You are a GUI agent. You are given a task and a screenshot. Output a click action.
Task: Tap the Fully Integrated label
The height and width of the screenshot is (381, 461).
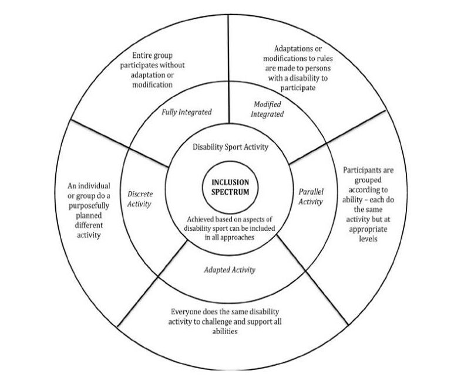(x=187, y=112)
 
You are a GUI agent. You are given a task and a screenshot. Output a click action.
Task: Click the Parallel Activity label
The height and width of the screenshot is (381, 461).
(x=311, y=196)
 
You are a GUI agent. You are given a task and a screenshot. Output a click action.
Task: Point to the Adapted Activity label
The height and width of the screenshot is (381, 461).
(x=230, y=270)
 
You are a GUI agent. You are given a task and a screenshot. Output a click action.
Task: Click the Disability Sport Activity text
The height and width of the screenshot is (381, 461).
(x=231, y=147)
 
